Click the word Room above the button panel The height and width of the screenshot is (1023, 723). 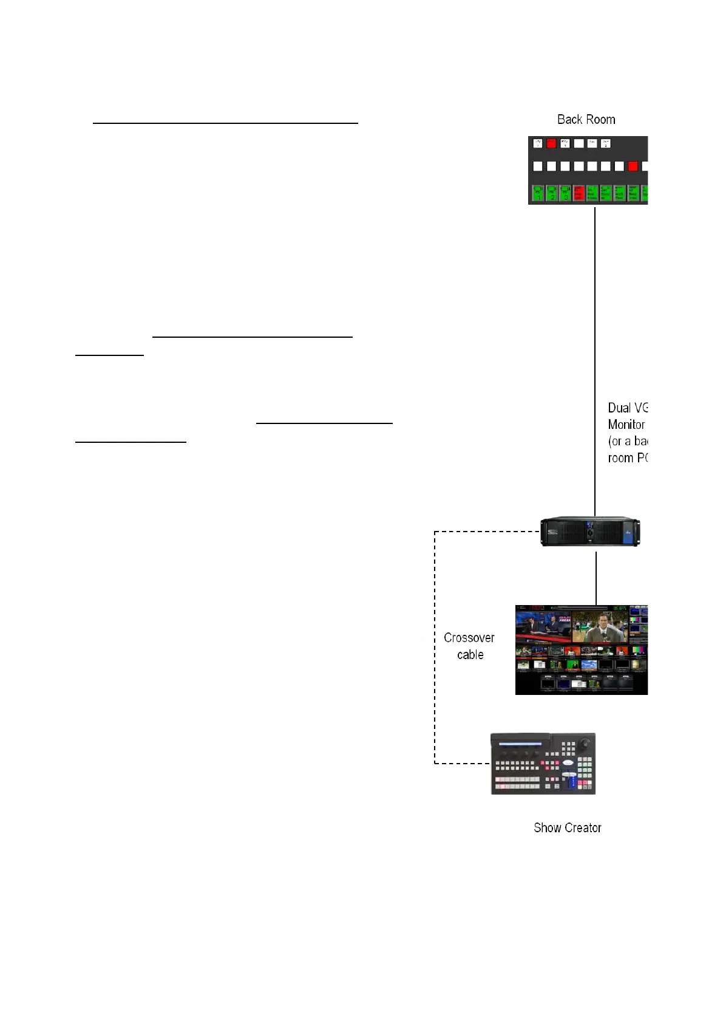tap(600, 120)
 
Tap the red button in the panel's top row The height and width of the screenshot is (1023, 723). tap(551, 144)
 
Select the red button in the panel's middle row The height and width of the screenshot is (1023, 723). tap(633, 166)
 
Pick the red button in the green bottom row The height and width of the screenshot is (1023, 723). tap(579, 193)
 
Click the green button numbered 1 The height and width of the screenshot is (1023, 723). tap(538, 193)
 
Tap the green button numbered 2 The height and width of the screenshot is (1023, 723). tap(552, 193)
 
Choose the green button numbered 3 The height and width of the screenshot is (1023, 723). tap(565, 193)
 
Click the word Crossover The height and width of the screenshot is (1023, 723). tap(469, 638)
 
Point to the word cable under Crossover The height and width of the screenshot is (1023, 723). tap(470, 655)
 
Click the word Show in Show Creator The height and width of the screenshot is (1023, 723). tap(548, 828)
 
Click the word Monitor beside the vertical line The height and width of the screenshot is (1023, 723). tap(626, 425)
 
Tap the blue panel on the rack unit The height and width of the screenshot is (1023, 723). tap(630, 532)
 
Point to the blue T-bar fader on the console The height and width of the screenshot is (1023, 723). tap(570, 780)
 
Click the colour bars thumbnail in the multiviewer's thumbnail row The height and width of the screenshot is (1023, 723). tap(636, 651)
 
